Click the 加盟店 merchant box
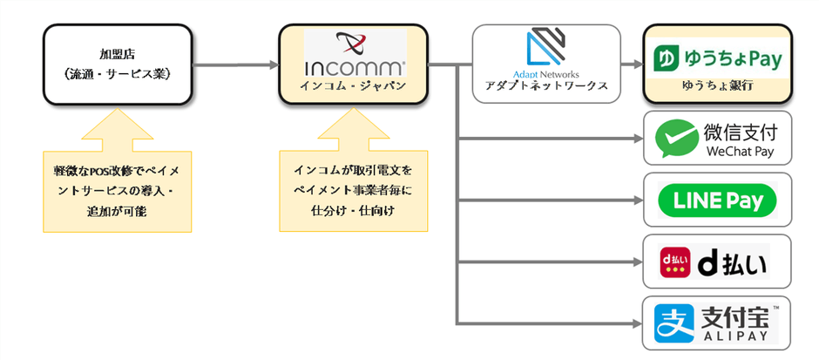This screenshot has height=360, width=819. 118,63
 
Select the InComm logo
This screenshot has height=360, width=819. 355,53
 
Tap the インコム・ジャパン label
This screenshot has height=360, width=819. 354,86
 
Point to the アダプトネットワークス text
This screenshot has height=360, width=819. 546,86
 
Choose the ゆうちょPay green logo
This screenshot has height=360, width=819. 718,59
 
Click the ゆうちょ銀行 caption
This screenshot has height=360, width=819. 717,88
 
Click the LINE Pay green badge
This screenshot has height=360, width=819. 718,200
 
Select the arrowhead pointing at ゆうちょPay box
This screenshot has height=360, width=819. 634,64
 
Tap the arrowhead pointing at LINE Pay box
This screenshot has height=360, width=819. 635,200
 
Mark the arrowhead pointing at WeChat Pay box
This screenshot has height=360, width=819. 635,138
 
